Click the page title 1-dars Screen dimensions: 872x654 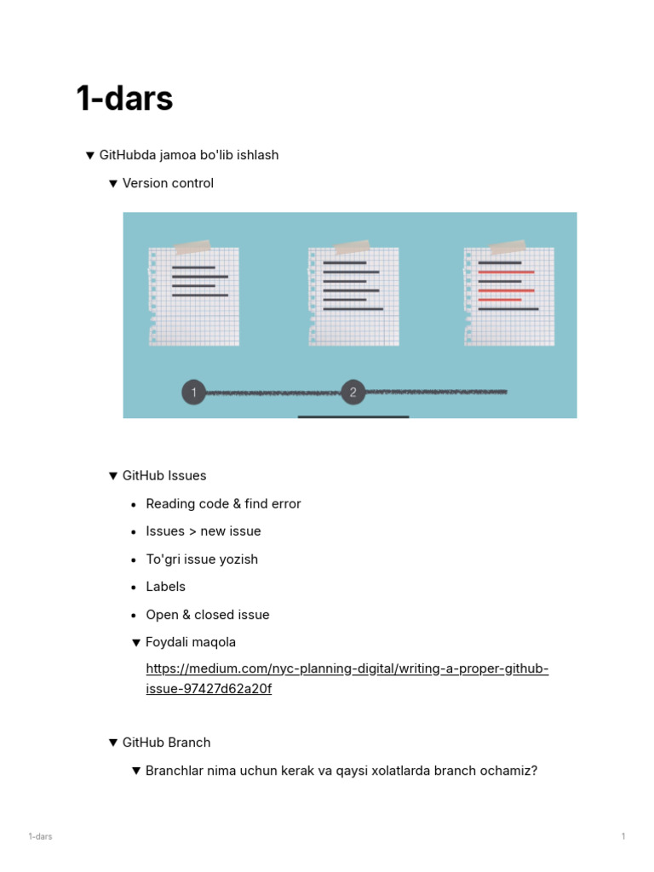click(124, 99)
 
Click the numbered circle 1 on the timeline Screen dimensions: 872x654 click(194, 393)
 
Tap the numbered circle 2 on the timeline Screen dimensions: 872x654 click(353, 393)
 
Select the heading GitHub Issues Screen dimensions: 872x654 click(164, 475)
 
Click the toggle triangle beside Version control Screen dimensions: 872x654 click(113, 183)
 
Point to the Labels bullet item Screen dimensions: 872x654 click(165, 587)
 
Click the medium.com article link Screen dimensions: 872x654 click(347, 669)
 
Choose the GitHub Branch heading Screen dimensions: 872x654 click(166, 743)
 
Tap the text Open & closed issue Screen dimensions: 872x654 click(207, 615)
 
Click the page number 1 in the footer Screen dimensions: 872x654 click(623, 836)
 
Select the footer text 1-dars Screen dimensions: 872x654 click(40, 836)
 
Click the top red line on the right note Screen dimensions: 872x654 click(506, 272)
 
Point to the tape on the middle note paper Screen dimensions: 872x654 click(352, 247)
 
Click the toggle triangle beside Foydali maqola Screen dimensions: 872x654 click(136, 642)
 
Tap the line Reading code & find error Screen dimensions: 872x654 click(223, 503)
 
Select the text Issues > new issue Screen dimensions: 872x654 click(204, 531)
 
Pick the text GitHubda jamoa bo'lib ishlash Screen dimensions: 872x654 click(189, 155)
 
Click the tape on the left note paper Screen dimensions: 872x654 click(192, 247)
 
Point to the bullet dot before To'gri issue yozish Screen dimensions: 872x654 click(135, 559)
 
